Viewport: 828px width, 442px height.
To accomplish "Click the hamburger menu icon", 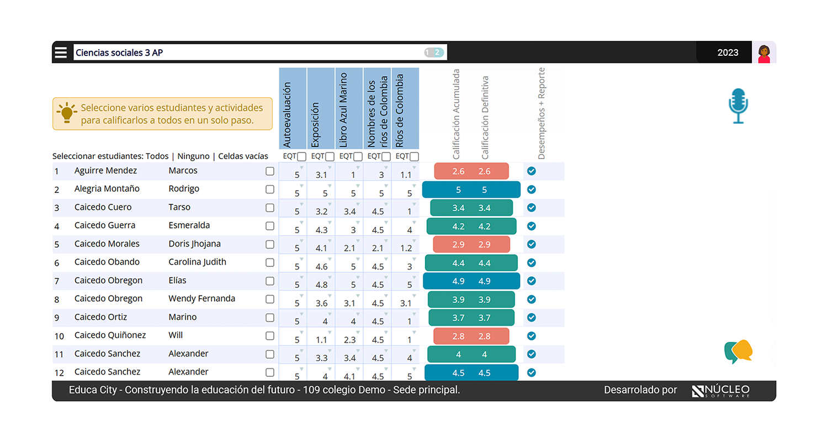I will [x=61, y=53].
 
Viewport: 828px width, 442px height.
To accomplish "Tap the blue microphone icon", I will [x=737, y=106].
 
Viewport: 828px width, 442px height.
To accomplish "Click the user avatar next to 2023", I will [x=764, y=53].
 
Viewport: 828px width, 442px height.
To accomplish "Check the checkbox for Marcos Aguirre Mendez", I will [x=270, y=171].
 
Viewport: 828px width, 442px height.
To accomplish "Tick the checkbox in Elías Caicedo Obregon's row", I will [x=270, y=281].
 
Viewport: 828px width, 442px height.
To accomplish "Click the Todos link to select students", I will [x=157, y=156].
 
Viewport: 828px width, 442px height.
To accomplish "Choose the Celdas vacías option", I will [x=243, y=156].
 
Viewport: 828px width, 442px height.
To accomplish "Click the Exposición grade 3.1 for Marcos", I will [x=321, y=175].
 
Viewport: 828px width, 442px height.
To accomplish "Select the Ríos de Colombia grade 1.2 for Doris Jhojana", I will [x=406, y=248].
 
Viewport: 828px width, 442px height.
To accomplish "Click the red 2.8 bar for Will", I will [x=471, y=336].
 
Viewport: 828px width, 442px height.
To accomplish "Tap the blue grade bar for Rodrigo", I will [x=471, y=190].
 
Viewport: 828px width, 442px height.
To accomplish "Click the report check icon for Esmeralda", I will [x=532, y=226].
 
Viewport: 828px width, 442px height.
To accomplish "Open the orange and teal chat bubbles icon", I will [x=738, y=351].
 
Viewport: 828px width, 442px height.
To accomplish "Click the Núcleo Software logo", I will [x=720, y=391].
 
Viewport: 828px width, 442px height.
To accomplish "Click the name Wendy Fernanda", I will [x=201, y=299].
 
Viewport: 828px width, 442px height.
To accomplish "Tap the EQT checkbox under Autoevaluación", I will [x=301, y=157].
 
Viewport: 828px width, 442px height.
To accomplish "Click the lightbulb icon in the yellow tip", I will [x=67, y=113].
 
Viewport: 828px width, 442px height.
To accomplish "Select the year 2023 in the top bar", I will [x=728, y=53].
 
